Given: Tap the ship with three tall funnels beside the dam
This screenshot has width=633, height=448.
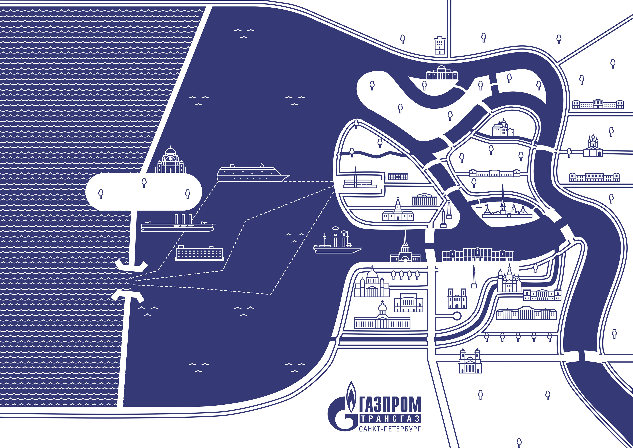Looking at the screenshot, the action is pyautogui.click(x=178, y=224).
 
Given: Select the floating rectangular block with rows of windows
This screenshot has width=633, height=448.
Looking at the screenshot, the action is pyautogui.click(x=199, y=253).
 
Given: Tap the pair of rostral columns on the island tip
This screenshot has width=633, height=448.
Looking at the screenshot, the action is pyautogui.click(x=446, y=214).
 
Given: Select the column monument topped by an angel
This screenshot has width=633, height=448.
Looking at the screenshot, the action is pyautogui.click(x=474, y=276).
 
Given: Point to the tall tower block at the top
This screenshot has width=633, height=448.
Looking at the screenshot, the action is pyautogui.click(x=439, y=46).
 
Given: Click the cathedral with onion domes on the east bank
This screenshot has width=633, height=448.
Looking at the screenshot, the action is pyautogui.click(x=593, y=146).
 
